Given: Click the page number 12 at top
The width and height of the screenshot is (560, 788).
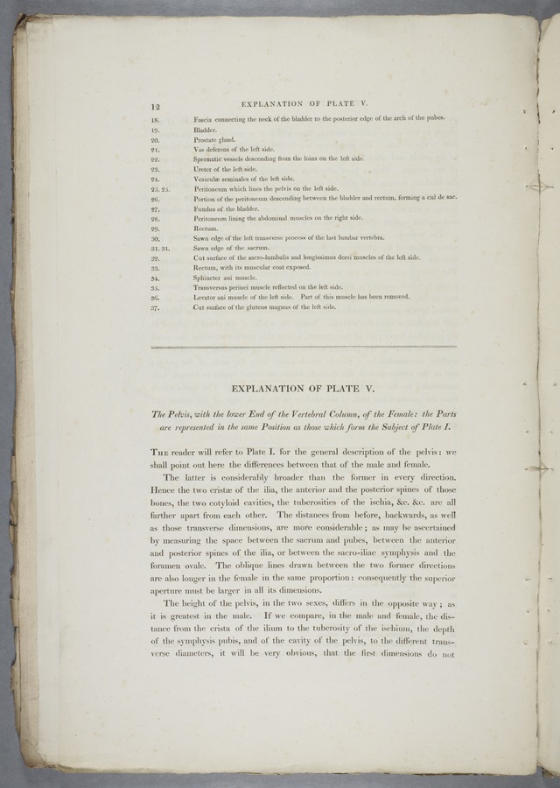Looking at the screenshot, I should coord(156,106).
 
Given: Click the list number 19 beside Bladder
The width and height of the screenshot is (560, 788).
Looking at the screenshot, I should coord(155,130).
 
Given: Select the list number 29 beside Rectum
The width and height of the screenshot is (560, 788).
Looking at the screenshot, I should coord(155,228).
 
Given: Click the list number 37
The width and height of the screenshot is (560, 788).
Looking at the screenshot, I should coord(155,307).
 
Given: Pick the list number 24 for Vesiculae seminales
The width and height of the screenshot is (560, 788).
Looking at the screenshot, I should coord(155,179).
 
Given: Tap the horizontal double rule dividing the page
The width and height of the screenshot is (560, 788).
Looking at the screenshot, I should coord(304,348).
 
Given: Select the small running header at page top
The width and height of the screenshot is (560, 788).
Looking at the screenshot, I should coord(309,105).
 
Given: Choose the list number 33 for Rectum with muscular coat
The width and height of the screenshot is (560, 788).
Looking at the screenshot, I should coord(155,267).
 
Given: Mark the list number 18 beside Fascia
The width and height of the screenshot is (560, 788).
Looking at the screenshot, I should coord(155,119).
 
